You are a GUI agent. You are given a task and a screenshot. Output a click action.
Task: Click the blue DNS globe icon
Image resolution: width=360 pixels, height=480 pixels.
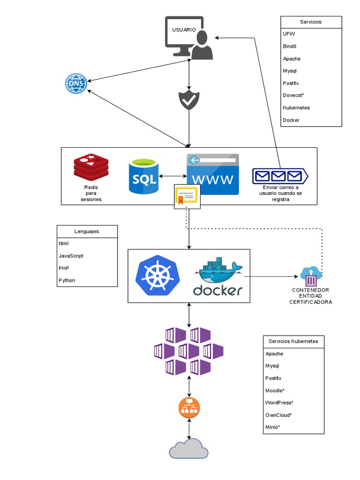coord(76,84)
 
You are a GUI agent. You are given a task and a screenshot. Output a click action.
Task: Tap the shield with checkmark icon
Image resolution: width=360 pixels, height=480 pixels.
coord(189,100)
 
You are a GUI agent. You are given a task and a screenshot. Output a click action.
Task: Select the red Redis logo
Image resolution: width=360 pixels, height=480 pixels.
coord(91,167)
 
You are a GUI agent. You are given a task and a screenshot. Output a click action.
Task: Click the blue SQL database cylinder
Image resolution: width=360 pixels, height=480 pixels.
coord(143,176)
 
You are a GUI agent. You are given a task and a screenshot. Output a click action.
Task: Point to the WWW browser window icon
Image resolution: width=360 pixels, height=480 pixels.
coord(212,174)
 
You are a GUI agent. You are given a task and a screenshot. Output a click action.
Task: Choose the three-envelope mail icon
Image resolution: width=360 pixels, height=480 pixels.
coord(280,176)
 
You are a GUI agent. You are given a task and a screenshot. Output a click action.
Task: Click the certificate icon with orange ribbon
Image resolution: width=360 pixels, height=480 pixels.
coord(187,196)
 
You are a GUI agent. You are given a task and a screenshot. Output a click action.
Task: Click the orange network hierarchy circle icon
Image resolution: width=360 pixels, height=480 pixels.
coord(189,408)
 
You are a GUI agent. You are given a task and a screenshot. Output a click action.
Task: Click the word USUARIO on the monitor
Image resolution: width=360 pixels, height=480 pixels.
coord(184,30)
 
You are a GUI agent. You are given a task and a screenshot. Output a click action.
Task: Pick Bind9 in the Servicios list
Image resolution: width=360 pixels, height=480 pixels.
coord(289,46)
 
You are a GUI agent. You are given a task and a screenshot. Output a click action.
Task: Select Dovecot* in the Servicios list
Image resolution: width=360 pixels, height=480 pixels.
coord(293,95)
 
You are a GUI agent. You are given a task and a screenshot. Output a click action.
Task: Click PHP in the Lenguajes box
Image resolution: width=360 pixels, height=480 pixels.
coord(64,268)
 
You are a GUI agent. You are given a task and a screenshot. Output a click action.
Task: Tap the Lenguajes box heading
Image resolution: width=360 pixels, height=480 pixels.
coord(87,231)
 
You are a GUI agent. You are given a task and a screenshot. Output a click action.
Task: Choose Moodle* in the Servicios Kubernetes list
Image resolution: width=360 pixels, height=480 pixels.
coord(275,390)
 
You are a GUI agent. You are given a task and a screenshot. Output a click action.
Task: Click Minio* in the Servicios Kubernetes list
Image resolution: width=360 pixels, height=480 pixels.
coord(272,427)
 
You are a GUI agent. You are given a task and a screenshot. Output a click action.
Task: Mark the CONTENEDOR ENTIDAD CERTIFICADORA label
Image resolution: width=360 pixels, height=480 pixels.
coord(310,296)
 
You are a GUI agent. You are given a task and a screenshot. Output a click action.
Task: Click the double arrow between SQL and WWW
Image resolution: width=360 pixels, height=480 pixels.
coord(172,176)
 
